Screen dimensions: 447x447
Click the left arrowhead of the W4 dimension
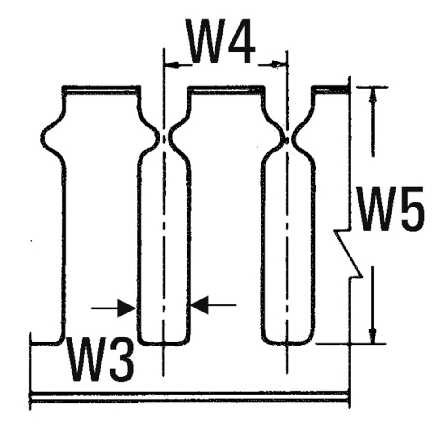tap(172, 65)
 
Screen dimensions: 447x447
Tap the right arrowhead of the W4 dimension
tap(279, 65)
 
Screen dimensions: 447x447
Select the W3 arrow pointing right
tap(126, 308)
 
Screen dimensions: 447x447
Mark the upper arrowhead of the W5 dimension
tap(372, 95)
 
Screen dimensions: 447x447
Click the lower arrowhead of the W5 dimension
tap(372, 335)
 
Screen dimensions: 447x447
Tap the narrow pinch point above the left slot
tap(164, 139)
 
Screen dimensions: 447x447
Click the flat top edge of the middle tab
tap(225, 89)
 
